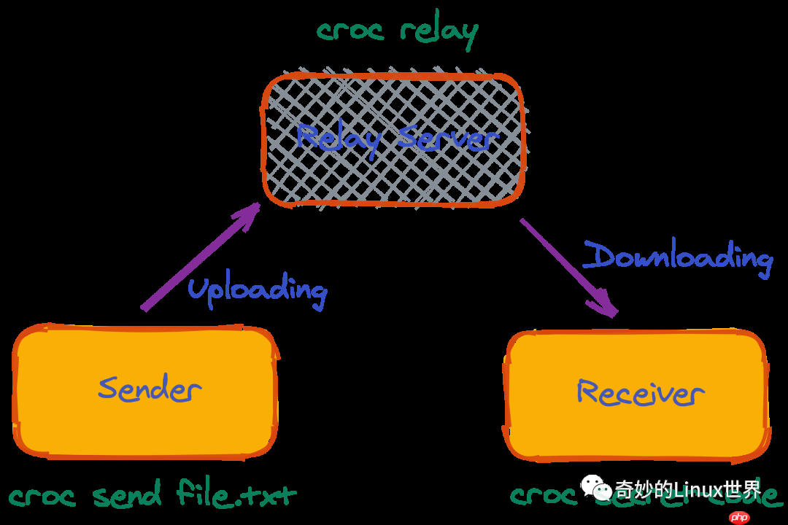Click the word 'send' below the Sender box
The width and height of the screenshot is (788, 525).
pyautogui.click(x=127, y=496)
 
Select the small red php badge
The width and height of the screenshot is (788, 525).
pyautogui.click(x=739, y=517)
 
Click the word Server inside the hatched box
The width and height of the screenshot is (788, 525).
pyautogui.click(x=447, y=139)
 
